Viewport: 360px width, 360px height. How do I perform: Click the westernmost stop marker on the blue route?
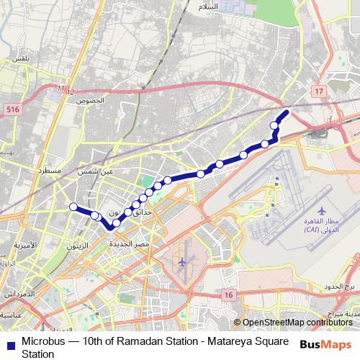pyautogui.click(x=73, y=207)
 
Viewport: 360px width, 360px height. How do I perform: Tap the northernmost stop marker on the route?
pyautogui.click(x=274, y=126)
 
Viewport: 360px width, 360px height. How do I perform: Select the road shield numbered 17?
pyautogui.click(x=319, y=91)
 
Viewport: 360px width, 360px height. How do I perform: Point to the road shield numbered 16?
pyautogui.click(x=228, y=295)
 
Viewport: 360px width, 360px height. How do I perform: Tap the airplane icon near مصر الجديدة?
pyautogui.click(x=183, y=261)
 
